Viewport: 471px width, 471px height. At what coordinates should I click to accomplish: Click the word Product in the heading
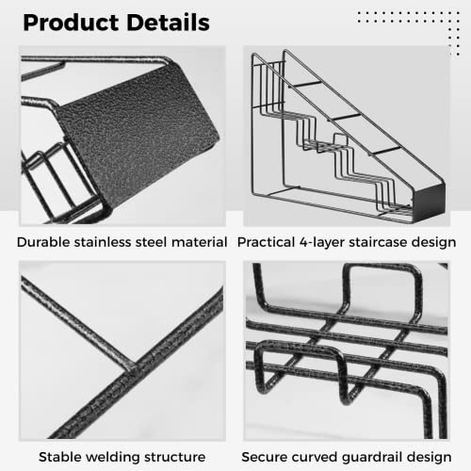pyautogui.click(x=71, y=24)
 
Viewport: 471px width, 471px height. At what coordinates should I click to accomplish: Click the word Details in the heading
pyautogui.click(x=169, y=22)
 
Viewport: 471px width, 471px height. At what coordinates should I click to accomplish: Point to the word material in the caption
pyautogui.click(x=200, y=242)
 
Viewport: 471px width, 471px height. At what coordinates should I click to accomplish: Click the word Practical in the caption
pyautogui.click(x=267, y=242)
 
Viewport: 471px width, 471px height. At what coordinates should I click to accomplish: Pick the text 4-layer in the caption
pyautogui.click(x=322, y=243)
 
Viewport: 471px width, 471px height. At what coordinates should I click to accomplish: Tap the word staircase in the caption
pyautogui.click(x=378, y=242)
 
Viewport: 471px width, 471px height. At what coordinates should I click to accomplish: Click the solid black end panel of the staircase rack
pyautogui.click(x=429, y=201)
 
